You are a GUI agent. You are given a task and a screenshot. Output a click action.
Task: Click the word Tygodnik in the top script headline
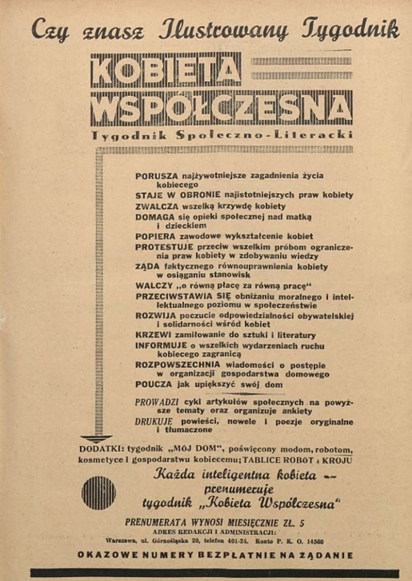click(351, 30)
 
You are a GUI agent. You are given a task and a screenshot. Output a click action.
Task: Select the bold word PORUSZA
click(157, 176)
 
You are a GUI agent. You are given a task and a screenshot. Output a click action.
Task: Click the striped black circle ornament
click(99, 492)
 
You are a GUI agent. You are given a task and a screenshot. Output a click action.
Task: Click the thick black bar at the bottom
click(214, 573)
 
